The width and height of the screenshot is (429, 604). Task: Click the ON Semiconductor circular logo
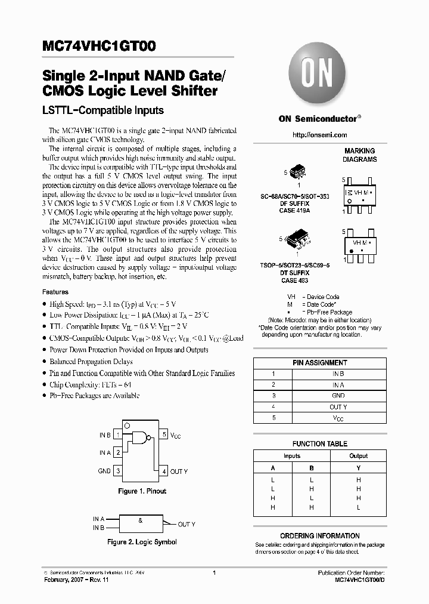[x=319, y=77]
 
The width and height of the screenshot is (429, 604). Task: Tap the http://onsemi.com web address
[x=319, y=135]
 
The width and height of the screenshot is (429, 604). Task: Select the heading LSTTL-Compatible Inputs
[x=102, y=110]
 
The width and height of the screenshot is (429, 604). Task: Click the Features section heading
[x=55, y=292]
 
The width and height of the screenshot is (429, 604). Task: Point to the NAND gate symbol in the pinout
[x=141, y=439]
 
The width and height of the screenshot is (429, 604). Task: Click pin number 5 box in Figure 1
[x=164, y=435]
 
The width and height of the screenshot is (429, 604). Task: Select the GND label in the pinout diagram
[x=104, y=471]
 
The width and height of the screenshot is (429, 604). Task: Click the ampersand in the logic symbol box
[x=140, y=520]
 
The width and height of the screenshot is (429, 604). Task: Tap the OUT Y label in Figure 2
[x=186, y=524]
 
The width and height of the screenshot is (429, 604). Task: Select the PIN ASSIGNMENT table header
[x=319, y=362]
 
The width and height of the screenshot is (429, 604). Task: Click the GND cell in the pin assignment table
[x=338, y=396]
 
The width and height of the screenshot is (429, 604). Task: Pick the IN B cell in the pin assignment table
[x=338, y=374]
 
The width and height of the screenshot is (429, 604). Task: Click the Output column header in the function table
[x=358, y=456]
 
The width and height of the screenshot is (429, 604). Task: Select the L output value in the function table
[x=358, y=507]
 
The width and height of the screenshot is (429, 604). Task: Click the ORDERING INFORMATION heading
[x=319, y=535]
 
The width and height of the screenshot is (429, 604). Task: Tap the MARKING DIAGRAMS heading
[x=359, y=155]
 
